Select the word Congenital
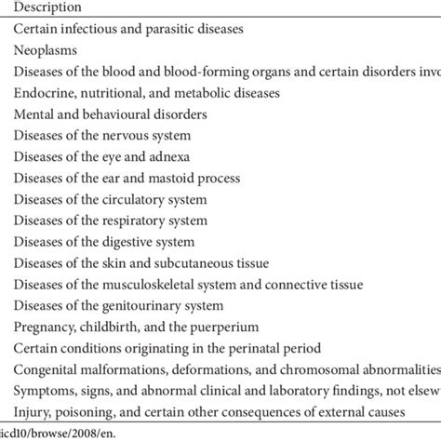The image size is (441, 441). pyautogui.click(x=47, y=369)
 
